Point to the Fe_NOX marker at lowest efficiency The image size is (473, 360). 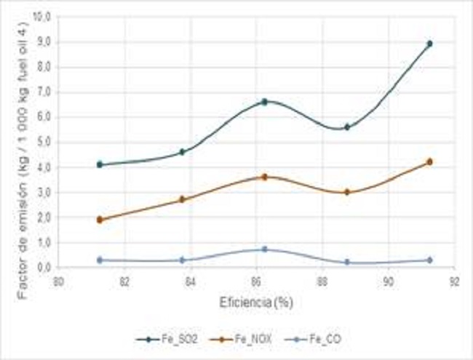100,220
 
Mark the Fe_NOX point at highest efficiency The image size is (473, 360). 429,161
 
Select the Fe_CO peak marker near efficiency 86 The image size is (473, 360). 265,249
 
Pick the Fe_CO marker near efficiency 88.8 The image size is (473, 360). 347,262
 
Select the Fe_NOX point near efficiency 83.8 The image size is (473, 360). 183,199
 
